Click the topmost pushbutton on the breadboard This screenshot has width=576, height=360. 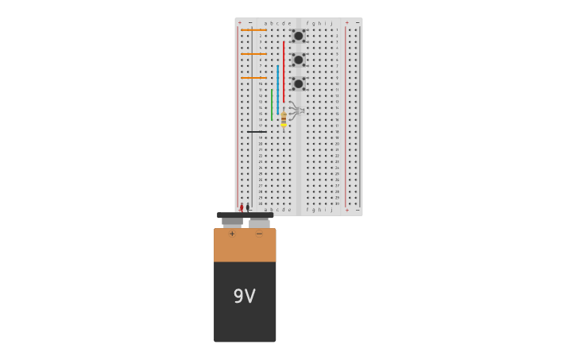click(298, 36)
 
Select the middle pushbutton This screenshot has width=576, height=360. click(298, 60)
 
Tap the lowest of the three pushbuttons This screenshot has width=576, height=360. click(298, 83)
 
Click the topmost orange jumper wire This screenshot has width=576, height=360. click(253, 30)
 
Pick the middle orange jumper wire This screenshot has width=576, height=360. click(253, 54)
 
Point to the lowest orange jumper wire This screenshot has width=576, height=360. click(253, 78)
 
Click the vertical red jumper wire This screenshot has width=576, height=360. click(283, 72)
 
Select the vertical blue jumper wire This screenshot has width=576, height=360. click(277, 87)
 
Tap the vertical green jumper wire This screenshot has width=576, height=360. click(272, 104)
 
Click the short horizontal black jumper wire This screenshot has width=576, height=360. click(256, 132)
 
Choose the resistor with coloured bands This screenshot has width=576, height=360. click(284, 118)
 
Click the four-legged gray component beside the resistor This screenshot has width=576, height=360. click(296, 110)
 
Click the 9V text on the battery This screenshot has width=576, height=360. click(244, 296)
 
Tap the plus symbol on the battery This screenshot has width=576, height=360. click(232, 234)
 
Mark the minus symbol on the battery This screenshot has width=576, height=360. click(259, 234)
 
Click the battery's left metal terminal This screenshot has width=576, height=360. click(232, 223)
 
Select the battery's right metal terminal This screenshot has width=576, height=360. click(259, 223)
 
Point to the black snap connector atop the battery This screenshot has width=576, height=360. click(245, 215)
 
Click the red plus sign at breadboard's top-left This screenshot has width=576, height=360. click(239, 22)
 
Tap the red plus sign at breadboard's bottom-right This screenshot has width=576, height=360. click(346, 211)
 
